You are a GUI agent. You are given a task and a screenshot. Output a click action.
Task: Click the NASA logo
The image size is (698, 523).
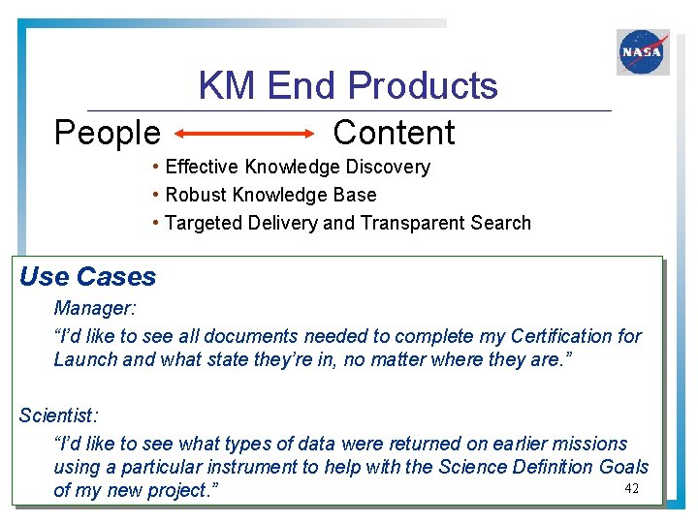point(643,52)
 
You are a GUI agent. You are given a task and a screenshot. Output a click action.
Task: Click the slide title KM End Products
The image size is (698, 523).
point(348,86)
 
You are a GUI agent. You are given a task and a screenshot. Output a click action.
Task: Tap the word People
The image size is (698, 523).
point(107,133)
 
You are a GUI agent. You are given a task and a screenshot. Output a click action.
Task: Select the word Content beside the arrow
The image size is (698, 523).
point(394,133)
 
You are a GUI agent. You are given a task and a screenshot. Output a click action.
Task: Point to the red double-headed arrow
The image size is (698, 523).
point(245,134)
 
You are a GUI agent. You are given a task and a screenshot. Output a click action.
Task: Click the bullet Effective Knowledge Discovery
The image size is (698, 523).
point(298,167)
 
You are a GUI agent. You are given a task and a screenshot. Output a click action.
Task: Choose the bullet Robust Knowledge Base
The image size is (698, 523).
point(270,195)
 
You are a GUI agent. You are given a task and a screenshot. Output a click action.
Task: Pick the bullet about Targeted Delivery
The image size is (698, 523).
point(348,223)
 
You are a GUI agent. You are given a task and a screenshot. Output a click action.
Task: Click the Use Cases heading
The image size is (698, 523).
point(87,277)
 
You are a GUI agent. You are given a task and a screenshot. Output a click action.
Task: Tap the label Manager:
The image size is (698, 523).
point(93,309)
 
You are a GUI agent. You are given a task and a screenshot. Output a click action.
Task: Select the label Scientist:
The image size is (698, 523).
point(58,415)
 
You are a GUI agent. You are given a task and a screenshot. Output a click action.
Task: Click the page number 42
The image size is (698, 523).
point(632,488)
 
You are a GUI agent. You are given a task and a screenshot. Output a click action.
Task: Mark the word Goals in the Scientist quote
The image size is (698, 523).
point(623,467)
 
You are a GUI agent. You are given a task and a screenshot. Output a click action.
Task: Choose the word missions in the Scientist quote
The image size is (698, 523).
point(591,444)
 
